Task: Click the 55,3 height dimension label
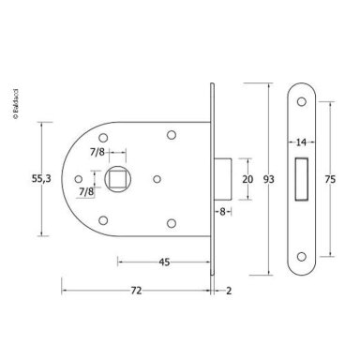tap(41, 179)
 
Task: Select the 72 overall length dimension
tap(136, 291)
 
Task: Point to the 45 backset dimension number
tap(164, 262)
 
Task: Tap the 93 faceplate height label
tap(269, 179)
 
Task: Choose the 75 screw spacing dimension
tap(330, 179)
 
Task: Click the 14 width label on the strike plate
tap(301, 142)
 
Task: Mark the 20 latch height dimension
tap(247, 179)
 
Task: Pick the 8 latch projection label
tap(222, 212)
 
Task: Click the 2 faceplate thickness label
tap(229, 291)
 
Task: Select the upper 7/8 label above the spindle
tap(97, 152)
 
